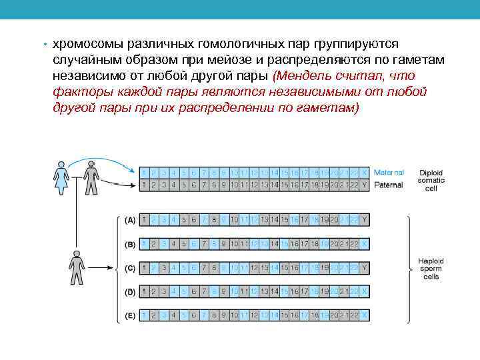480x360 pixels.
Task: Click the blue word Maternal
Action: (x=389, y=173)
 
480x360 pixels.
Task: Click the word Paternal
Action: (x=388, y=185)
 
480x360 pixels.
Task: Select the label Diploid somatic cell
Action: (x=431, y=180)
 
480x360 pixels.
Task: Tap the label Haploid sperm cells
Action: (x=431, y=269)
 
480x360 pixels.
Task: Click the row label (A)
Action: (x=130, y=219)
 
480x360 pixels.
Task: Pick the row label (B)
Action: (x=130, y=243)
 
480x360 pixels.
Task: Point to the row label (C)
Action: (x=130, y=267)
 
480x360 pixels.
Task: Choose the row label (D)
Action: (x=130, y=291)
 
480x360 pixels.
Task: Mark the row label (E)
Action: (x=130, y=315)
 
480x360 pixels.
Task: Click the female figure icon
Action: (x=62, y=177)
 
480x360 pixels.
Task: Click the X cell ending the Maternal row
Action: (x=364, y=173)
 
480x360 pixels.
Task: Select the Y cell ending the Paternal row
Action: (x=364, y=185)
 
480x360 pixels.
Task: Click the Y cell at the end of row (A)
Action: (x=364, y=219)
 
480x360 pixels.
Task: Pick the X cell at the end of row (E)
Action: (x=364, y=315)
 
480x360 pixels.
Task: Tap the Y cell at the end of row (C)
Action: (x=364, y=267)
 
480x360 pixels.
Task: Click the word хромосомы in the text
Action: (x=86, y=44)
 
